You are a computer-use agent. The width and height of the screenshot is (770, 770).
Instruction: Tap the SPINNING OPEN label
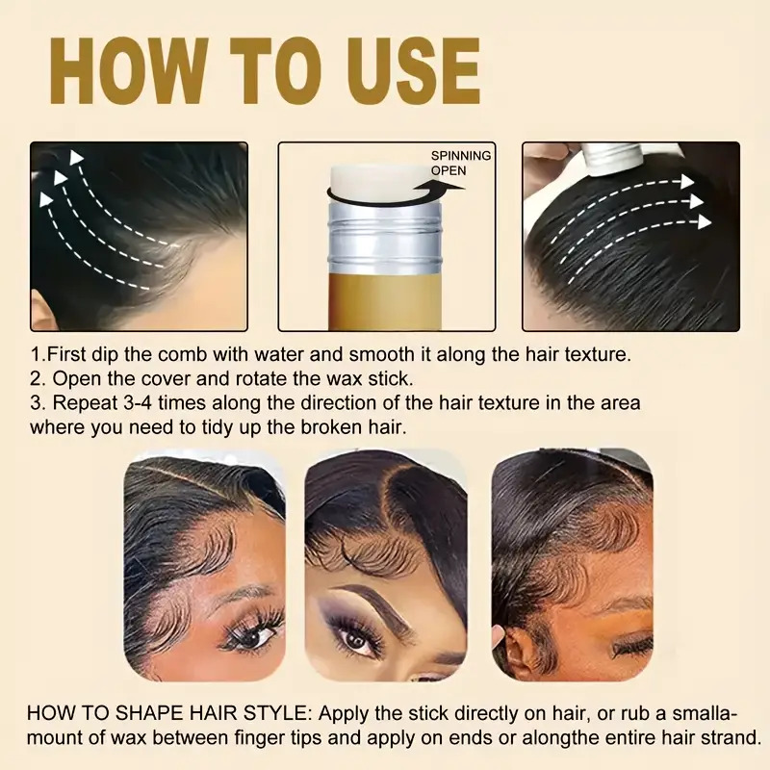click(x=460, y=163)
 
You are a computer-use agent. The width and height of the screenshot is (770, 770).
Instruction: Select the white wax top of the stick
click(x=379, y=179)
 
